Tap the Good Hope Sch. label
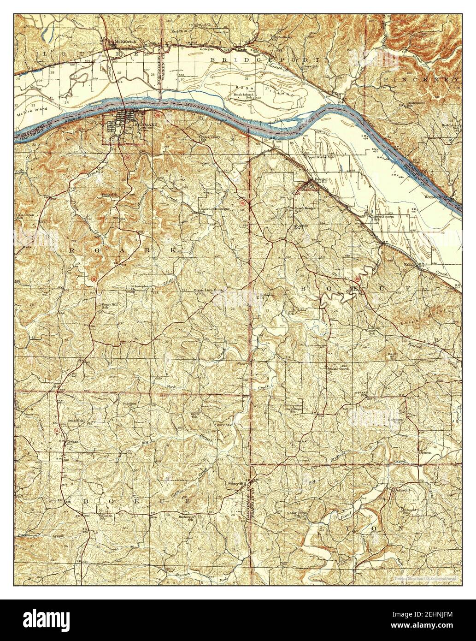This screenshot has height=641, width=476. (x=294, y=410)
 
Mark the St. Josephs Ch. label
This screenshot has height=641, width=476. (x=138, y=288)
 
